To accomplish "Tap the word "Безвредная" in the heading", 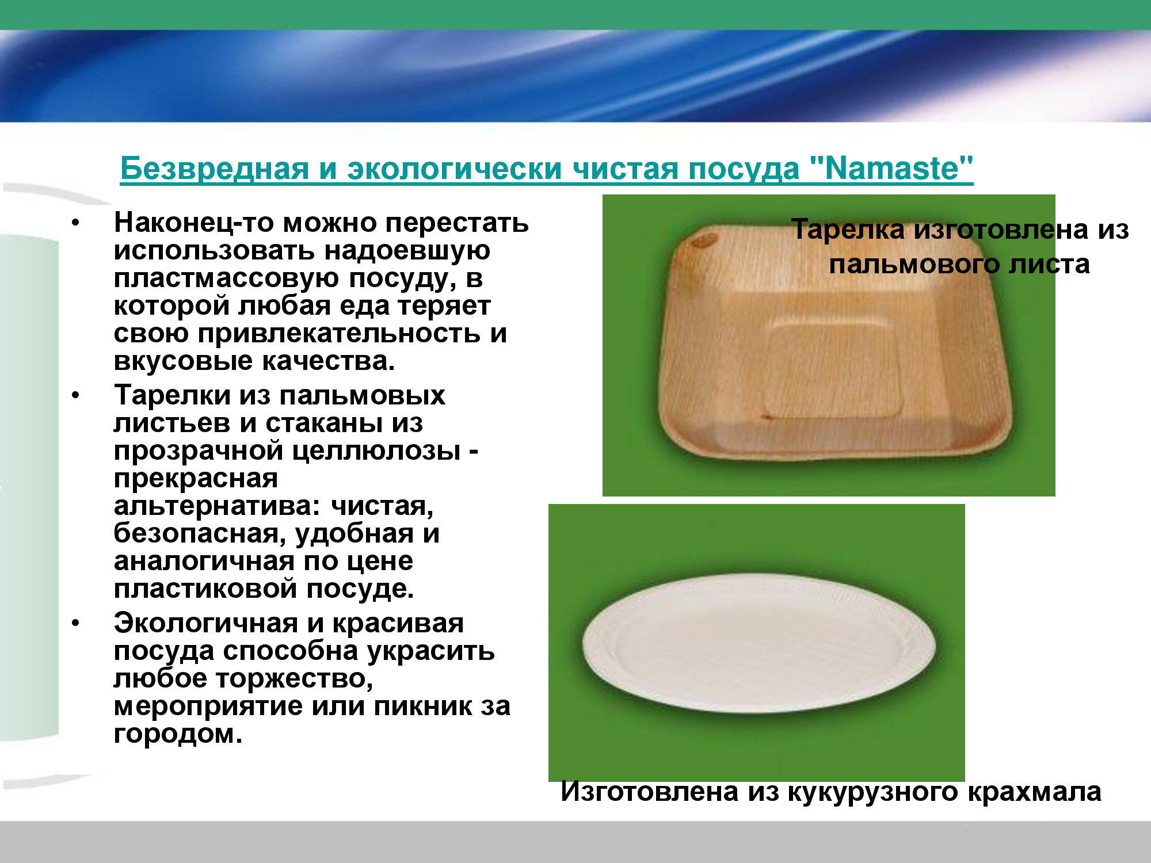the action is tap(214, 169).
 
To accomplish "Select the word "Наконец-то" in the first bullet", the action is tap(194, 222).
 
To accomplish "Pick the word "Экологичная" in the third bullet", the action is tap(206, 623).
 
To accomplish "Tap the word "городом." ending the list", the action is tap(178, 734).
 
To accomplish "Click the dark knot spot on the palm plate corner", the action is tap(703, 240).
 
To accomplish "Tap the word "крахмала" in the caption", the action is tap(1034, 792).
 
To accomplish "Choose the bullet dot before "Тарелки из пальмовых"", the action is tap(76, 396).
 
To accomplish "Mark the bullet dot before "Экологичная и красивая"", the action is tap(76, 624).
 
